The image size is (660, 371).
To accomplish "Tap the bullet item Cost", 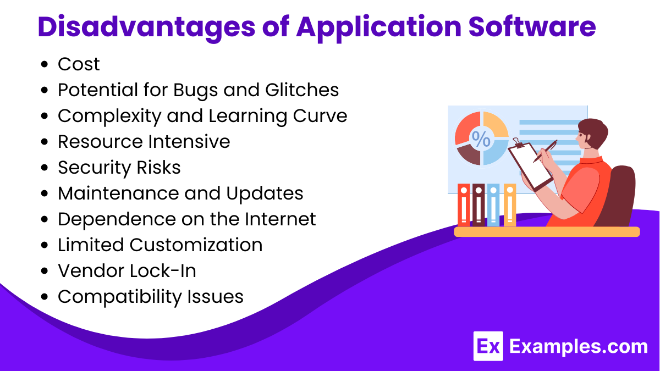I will pos(79,64).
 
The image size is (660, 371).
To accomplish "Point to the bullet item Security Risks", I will pos(119,168).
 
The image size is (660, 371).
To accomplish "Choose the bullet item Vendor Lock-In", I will pos(127,270).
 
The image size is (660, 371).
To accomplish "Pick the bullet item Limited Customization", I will pos(160,245).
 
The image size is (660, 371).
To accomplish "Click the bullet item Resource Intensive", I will pos(144,142).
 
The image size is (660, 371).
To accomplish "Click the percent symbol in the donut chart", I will pos(481,140).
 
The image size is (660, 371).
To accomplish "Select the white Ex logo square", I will pos(488,346).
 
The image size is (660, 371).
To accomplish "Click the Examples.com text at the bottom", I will pos(578,347).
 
